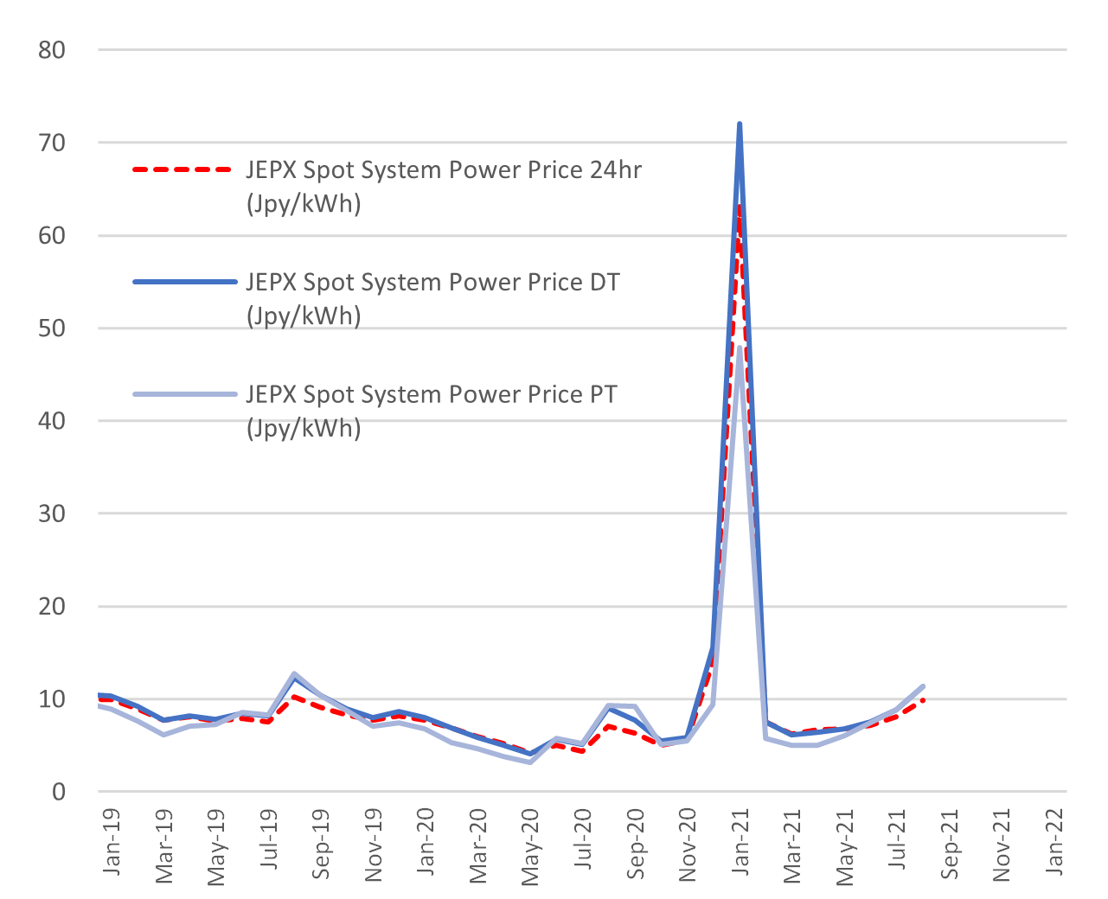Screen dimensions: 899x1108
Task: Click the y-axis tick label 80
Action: coord(52,50)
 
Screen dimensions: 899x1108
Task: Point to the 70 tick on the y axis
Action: coord(52,143)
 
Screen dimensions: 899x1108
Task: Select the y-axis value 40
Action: coord(52,421)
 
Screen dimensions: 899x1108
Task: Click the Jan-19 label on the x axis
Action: coord(111,842)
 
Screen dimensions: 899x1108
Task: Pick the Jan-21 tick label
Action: coord(740,842)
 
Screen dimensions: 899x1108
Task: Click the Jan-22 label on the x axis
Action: coord(1054,842)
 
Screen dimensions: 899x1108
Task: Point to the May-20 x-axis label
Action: coord(530,847)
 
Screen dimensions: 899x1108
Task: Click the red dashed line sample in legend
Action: coord(183,170)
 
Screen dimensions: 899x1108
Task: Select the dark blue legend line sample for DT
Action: coord(183,282)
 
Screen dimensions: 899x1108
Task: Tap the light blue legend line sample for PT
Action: coord(183,394)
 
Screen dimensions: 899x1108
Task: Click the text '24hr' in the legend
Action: coord(616,170)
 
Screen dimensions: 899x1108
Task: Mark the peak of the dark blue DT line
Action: coord(740,124)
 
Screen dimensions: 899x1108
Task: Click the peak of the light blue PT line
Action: coord(740,347)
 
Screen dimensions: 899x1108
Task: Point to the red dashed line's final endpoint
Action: coord(924,699)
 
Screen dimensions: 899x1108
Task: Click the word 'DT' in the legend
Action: coord(605,283)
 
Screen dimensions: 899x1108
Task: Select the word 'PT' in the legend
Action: coord(603,395)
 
